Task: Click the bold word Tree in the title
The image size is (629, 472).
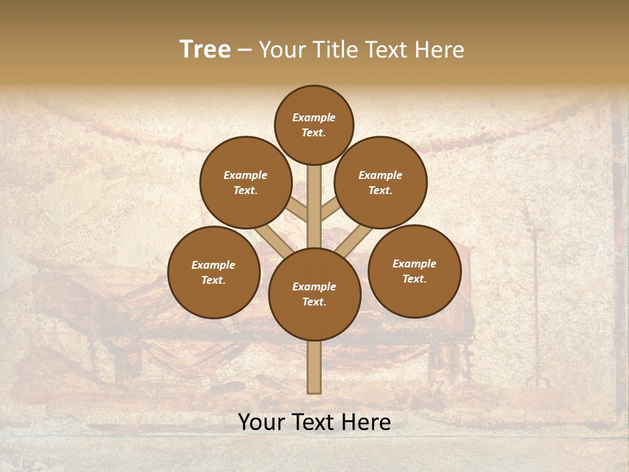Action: (205, 50)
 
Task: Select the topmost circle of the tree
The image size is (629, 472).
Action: (314, 125)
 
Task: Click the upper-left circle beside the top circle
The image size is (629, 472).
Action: (246, 182)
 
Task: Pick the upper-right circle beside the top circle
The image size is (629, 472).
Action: (381, 182)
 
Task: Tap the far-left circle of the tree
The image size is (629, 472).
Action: (214, 272)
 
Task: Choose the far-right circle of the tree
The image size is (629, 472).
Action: (414, 271)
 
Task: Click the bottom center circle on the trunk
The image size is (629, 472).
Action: (314, 294)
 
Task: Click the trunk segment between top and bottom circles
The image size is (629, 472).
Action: (314, 206)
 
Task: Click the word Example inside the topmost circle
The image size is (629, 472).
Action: (314, 118)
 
